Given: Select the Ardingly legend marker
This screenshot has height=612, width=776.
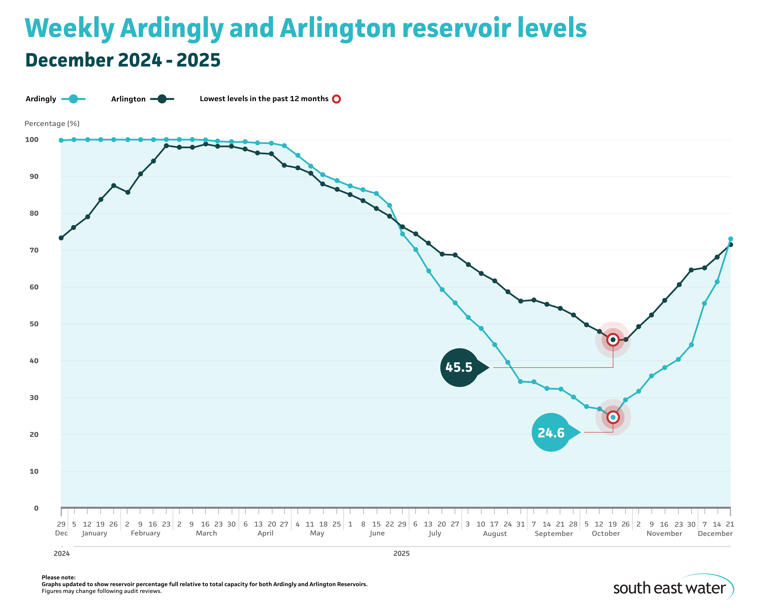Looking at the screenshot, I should tap(73, 99).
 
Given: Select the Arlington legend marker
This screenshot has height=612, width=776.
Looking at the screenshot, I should tap(162, 99).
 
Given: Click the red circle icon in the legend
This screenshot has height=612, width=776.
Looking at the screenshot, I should tap(336, 99).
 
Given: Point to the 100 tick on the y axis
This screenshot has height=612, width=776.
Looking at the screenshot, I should tap(32, 140).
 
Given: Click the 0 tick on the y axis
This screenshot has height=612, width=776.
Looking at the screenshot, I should tap(36, 508).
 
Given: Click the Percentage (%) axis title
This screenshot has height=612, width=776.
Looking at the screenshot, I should tap(52, 124).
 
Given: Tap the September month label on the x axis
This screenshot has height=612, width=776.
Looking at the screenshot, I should tap(553, 534).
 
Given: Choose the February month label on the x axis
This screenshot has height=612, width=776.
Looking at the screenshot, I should tap(145, 533).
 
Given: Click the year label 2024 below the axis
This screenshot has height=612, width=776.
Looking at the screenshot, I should tap(62, 554).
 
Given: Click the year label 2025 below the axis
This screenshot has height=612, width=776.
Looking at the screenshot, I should tap(401, 554).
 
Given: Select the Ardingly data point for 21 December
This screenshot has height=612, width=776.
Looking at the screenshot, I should tap(731, 239).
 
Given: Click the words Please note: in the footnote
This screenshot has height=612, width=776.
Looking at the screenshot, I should tap(58, 577).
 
